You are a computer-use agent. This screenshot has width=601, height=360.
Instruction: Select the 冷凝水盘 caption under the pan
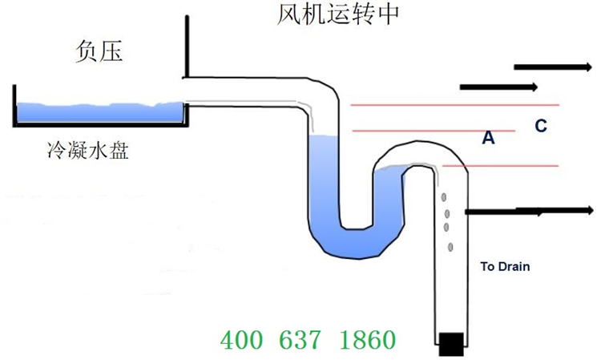[88, 150]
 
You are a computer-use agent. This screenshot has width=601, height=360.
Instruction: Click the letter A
[488, 138]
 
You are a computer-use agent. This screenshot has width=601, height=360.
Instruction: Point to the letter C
[541, 125]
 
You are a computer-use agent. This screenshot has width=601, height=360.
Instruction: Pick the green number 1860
[367, 340]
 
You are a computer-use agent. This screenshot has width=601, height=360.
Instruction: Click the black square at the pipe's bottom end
[451, 343]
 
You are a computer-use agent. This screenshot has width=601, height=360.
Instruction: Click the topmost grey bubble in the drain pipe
[441, 197]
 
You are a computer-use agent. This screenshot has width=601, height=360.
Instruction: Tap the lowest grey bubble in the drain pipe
[450, 246]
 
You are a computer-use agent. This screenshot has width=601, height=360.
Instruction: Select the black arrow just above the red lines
[497, 86]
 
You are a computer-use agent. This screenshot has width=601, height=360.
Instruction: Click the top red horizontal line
[454, 105]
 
